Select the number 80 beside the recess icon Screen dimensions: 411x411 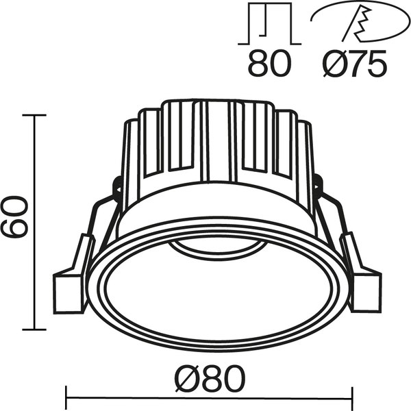click(269, 66)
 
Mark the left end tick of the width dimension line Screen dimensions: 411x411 click(66, 396)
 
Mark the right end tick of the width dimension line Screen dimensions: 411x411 click(352, 396)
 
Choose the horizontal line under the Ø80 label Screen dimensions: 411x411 click(209, 396)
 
